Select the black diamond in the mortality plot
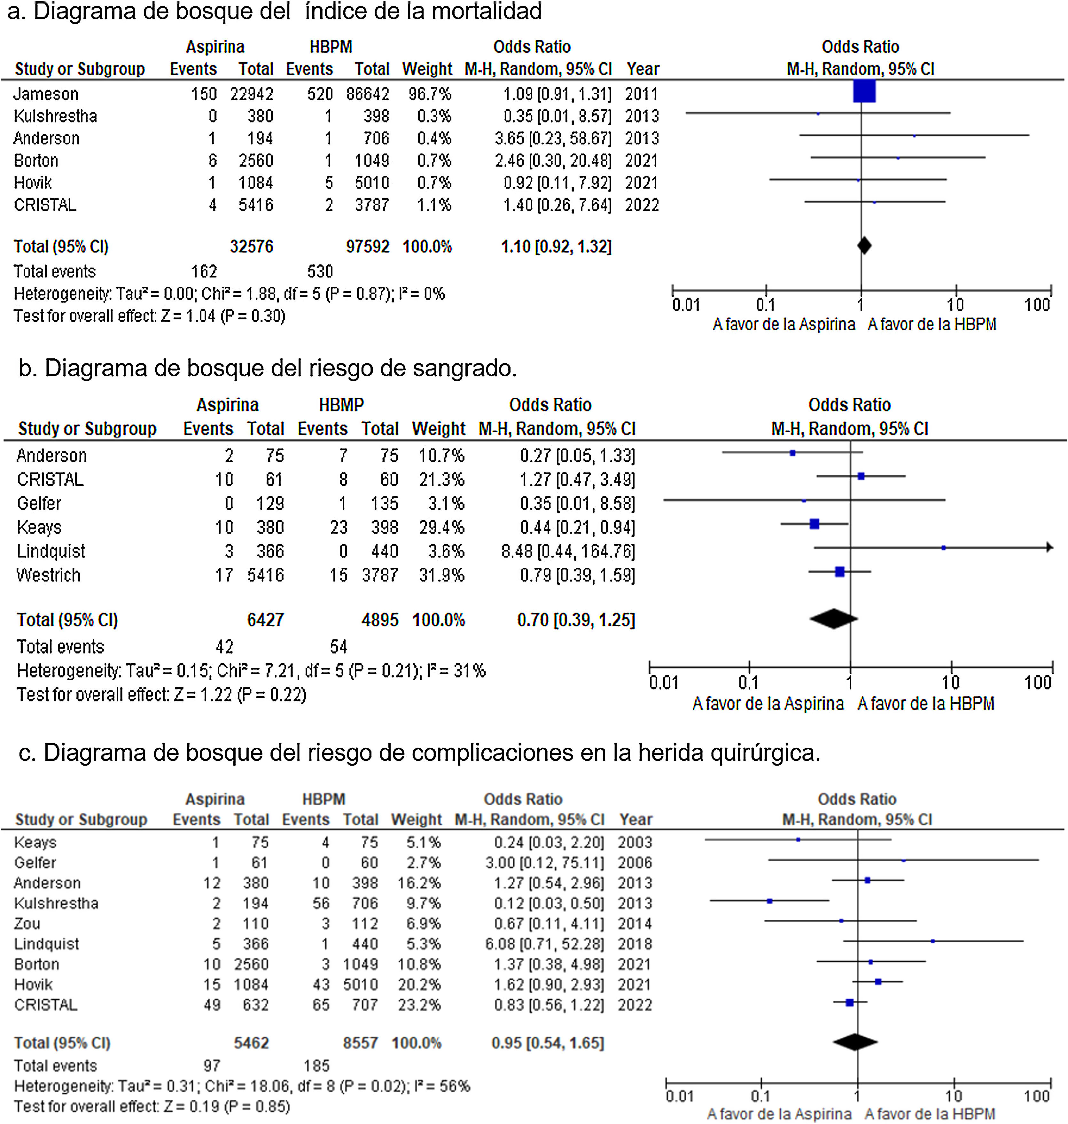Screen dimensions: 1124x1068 864,246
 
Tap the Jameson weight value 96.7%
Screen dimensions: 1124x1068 430,94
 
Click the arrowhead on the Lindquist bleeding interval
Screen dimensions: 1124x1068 1049,547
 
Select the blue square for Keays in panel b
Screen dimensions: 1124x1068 814,524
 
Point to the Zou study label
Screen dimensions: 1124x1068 27,924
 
